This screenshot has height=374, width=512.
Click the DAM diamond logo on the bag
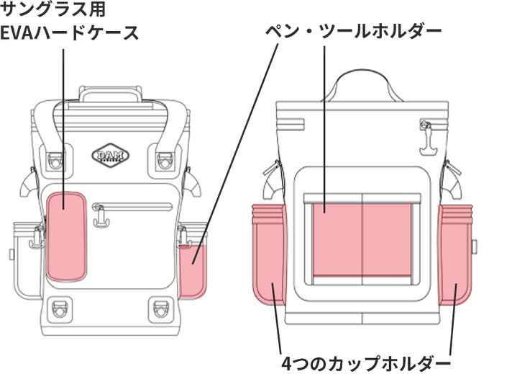110,155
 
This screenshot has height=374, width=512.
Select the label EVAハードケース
70,33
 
